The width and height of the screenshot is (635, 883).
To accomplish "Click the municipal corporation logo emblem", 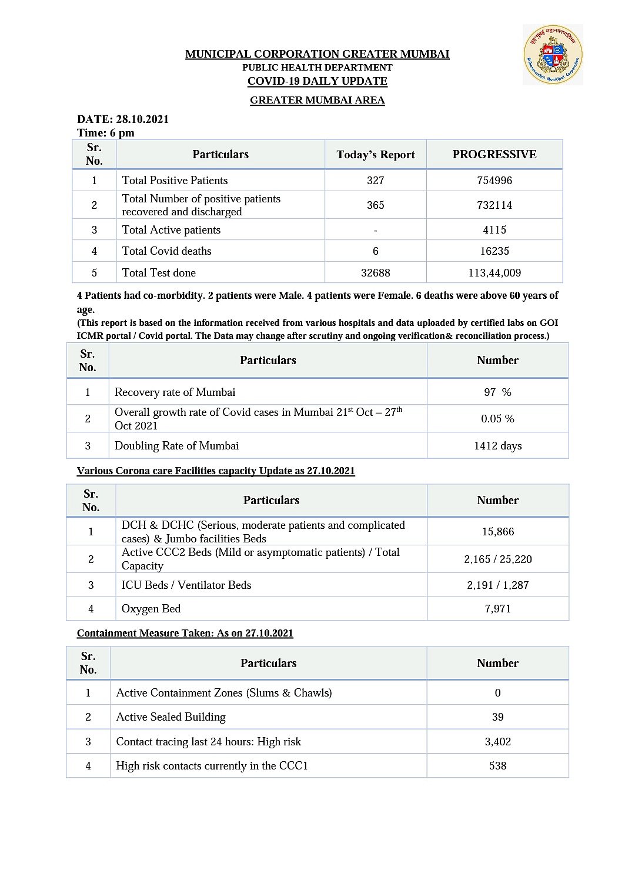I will point(552,55).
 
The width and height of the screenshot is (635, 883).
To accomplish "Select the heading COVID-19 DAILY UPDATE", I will point(317,81).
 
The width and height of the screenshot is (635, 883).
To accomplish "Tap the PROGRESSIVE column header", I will point(494,155).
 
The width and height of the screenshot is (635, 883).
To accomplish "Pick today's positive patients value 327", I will point(375,181).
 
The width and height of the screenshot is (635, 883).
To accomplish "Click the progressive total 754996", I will point(494,181).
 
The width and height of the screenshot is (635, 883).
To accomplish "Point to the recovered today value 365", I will point(375,205).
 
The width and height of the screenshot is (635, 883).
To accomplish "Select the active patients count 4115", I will point(494,230).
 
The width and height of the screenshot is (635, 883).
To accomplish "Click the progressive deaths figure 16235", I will point(494,251).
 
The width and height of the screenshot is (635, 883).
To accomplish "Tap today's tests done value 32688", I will point(375,273).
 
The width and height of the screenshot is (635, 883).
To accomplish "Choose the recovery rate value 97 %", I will point(497,392).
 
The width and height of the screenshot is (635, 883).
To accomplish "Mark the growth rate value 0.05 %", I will point(497,419).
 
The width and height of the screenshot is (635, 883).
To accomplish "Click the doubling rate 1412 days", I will point(497,446).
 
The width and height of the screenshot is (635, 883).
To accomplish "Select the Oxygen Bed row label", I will point(151,609).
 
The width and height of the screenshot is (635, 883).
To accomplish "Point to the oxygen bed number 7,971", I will point(497,609).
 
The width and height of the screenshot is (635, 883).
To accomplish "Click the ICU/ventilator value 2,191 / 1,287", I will point(497,585).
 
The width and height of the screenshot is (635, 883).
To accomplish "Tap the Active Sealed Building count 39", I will point(497,717).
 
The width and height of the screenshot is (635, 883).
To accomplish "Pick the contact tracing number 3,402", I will point(497,742).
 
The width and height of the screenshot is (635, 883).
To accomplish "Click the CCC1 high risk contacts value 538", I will point(497,766).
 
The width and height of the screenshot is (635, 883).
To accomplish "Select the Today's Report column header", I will point(375,155).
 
